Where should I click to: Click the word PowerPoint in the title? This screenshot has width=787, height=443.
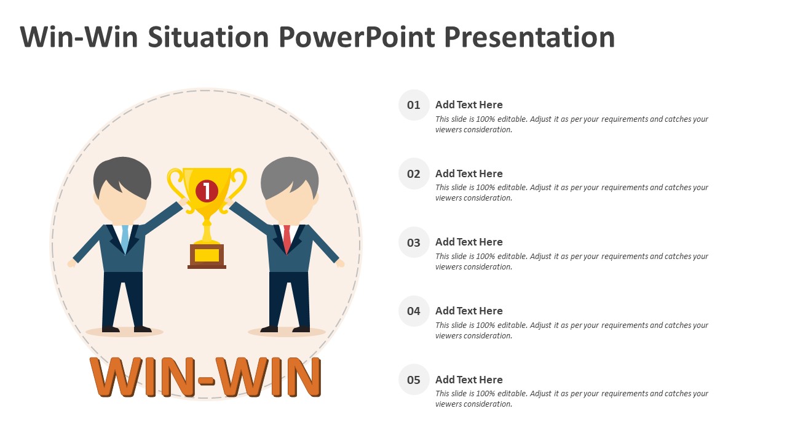(357, 38)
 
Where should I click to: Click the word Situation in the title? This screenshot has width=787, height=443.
(208, 37)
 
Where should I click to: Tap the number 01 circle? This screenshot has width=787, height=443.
(414, 105)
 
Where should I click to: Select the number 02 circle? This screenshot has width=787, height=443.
(414, 174)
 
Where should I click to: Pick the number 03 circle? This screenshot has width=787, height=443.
(414, 242)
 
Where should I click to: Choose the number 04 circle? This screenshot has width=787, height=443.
(414, 311)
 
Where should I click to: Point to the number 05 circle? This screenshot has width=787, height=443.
(414, 380)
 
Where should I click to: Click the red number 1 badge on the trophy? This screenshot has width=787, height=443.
(207, 191)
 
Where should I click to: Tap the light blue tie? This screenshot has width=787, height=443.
(125, 238)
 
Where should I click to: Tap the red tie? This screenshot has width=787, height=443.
(287, 238)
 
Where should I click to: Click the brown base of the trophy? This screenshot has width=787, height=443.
(207, 257)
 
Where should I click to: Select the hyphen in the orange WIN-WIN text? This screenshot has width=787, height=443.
(206, 380)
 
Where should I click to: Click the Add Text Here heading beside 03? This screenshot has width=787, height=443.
(469, 242)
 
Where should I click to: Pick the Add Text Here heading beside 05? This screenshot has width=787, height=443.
(469, 380)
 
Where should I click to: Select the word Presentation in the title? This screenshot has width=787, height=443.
(529, 37)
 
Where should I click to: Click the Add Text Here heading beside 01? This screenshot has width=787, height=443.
(469, 105)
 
